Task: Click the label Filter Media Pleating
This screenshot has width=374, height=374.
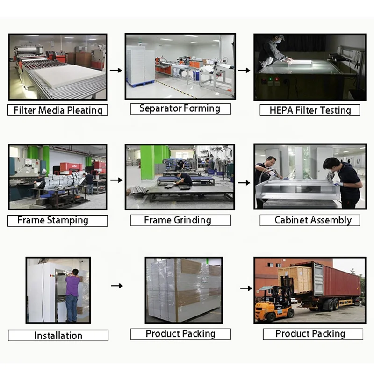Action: (x=58, y=110)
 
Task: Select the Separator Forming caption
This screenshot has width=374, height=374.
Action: (x=180, y=108)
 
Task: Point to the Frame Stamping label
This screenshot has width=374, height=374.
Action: (x=52, y=220)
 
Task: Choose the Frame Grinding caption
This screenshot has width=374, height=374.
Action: (x=177, y=220)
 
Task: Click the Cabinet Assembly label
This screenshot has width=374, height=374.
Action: (x=312, y=220)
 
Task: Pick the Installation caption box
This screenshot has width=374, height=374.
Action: (x=58, y=335)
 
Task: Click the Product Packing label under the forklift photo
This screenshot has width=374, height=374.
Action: (x=310, y=334)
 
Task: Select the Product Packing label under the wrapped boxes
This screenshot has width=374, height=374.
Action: (x=180, y=334)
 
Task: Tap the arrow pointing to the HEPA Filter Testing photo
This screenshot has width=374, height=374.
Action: (x=244, y=71)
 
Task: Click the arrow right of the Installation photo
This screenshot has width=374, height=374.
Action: (x=117, y=285)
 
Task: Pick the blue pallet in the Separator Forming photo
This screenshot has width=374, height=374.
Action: (x=140, y=83)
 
